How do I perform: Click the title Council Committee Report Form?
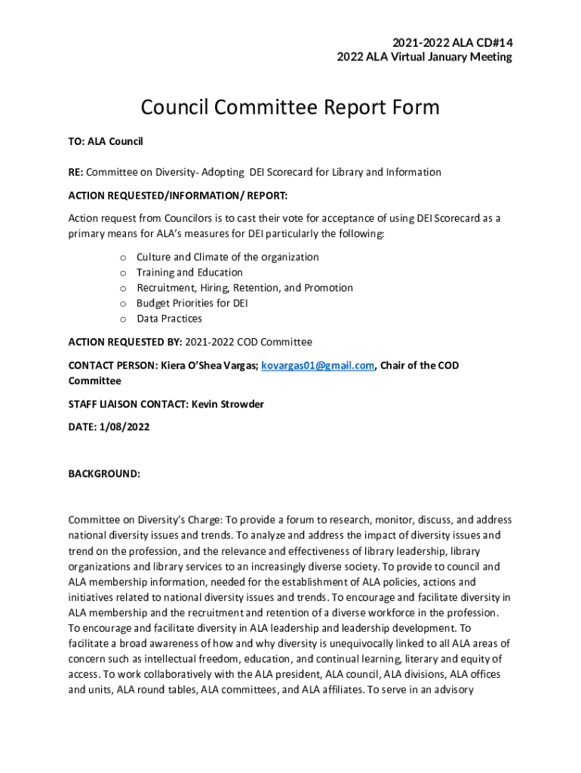point(290,107)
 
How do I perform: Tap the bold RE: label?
point(76,172)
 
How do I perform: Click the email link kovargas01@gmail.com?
point(318,365)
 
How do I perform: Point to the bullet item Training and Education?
point(189,273)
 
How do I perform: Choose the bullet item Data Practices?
point(169,319)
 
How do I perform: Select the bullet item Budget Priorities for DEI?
point(192,303)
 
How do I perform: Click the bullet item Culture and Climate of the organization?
point(227,257)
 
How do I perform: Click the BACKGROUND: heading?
point(104,474)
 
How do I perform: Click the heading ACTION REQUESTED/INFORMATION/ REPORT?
point(178,196)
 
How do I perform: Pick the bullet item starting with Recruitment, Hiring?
point(244,288)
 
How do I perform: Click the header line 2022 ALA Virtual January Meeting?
point(424,57)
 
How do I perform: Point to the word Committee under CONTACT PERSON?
point(94,380)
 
